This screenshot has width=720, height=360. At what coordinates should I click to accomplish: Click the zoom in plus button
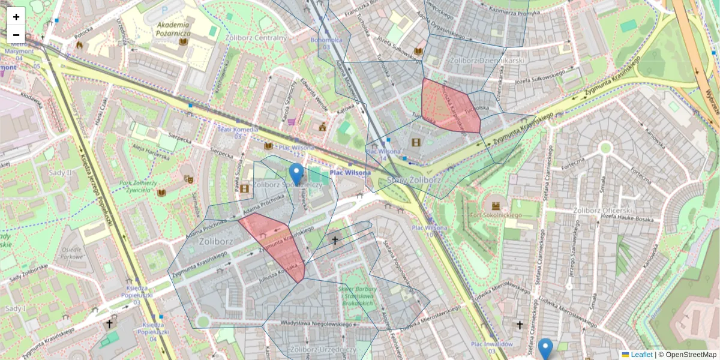tap(16, 17)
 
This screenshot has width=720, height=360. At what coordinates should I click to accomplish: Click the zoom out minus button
tap(16, 34)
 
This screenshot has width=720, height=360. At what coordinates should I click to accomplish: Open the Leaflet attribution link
tap(641, 355)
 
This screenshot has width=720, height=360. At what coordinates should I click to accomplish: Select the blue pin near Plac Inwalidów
tap(545, 349)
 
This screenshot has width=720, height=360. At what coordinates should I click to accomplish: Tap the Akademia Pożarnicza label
tap(173, 29)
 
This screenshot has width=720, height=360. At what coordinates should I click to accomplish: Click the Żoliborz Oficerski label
tap(602, 211)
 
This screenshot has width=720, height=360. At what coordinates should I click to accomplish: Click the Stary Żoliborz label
tap(414, 179)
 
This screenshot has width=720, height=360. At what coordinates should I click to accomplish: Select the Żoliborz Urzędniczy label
tap(322, 349)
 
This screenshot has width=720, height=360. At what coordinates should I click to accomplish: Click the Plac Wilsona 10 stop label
tap(430, 231)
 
